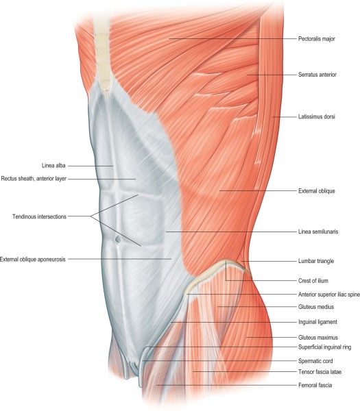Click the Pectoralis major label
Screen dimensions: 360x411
coord(317,39)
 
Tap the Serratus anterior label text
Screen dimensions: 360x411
coord(317,75)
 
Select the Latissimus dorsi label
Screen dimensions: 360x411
coord(317,116)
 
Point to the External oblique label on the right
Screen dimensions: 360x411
coord(317,191)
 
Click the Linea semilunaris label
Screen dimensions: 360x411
coord(318,232)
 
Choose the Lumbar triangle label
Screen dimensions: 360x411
coord(316,261)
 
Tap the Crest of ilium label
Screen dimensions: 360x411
coord(313,281)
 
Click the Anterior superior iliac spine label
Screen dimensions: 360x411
coord(329,295)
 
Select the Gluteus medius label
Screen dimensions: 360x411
coord(316,307)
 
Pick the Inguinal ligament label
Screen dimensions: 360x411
coord(317,322)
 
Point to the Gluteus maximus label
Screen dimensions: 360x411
coord(318,337)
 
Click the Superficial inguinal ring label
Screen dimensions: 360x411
coord(325,347)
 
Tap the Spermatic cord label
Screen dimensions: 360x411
coord(315,361)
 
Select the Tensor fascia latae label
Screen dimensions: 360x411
coord(320,372)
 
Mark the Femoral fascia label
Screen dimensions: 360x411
coord(315,385)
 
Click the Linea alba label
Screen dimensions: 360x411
coord(53,166)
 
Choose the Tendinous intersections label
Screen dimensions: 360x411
coord(39,216)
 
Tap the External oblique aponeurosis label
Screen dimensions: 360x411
coord(33,260)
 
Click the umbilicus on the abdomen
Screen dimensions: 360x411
coord(118,239)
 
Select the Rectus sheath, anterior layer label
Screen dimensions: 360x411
coord(34,179)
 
